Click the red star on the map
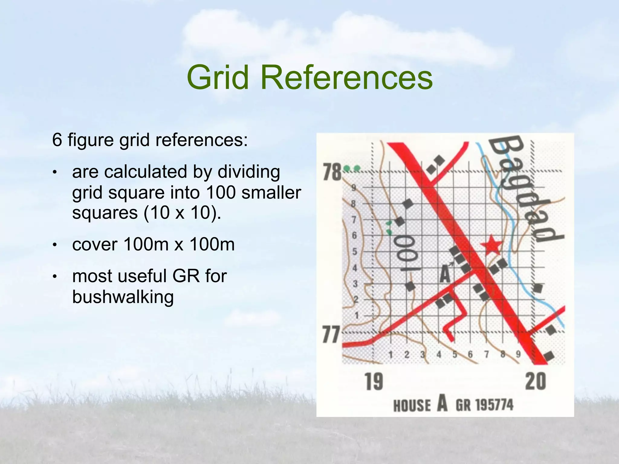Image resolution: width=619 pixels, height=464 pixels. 492,245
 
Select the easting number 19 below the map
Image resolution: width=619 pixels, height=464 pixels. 374,382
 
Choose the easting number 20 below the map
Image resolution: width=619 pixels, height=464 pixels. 536,382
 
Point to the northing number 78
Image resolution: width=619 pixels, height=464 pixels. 332,172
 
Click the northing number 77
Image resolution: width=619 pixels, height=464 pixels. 331,334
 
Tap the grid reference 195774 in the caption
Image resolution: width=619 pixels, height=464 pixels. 494,405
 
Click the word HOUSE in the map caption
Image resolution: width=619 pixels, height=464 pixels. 412,405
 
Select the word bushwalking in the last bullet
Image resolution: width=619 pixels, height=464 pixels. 123,297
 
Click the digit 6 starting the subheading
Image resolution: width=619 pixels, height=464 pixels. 57,140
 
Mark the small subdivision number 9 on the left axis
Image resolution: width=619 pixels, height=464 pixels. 354,188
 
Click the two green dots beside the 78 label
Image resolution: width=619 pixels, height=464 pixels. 352,168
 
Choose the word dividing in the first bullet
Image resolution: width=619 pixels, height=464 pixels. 248,172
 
